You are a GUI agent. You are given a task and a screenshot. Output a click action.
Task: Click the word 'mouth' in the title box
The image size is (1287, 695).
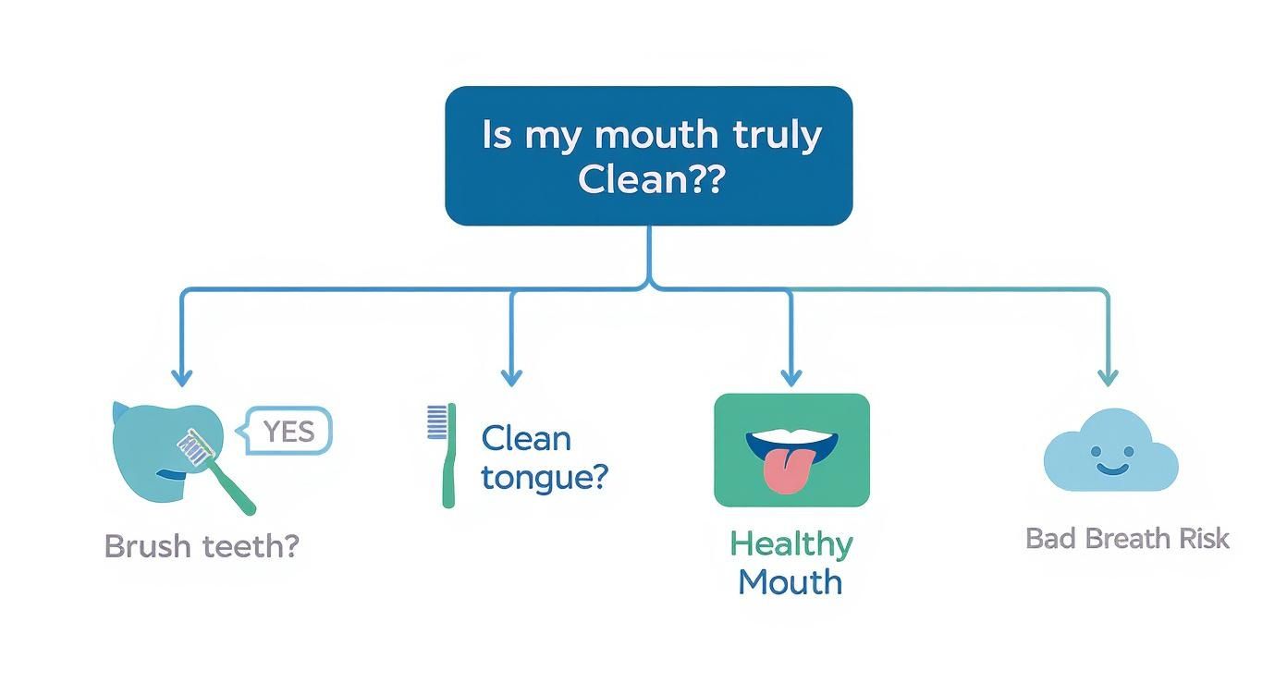pos(656,135)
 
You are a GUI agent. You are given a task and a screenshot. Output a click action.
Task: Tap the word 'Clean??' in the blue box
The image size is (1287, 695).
pos(652,179)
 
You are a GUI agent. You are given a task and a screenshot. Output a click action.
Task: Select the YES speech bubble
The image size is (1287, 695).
pos(285,431)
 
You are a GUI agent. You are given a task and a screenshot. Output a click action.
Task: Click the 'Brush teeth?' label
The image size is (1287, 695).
pos(202,545)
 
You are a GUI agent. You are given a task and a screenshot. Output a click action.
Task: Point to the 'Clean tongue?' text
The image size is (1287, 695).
pos(544,457)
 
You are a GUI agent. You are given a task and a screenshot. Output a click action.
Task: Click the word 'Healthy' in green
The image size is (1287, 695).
pos(791,544)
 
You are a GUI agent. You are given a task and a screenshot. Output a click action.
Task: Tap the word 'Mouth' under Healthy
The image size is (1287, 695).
pos(790,582)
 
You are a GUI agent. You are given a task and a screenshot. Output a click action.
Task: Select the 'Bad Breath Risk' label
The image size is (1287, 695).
pos(1127,539)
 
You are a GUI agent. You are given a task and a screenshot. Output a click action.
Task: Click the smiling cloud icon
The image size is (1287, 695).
pos(1110,451)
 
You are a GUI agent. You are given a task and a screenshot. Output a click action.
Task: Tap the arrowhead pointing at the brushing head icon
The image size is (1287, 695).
pos(182,378)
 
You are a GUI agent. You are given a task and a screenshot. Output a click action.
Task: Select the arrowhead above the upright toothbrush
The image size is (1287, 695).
pos(511,378)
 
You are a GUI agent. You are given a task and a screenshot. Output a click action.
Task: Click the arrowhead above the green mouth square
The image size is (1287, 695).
pos(791,378)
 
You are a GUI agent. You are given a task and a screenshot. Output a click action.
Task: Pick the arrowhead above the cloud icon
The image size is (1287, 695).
pos(1108,378)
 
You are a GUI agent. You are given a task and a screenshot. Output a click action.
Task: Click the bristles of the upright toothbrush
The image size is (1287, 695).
pos(436,422)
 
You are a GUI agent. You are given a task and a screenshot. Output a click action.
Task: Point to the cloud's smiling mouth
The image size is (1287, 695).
pos(1111,469)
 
